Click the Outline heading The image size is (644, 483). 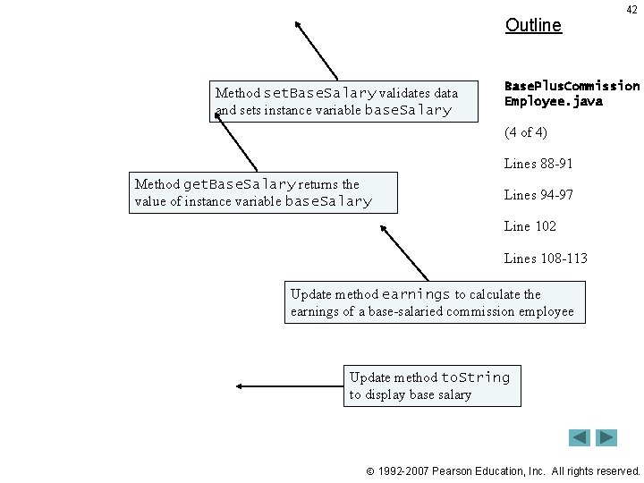click(533, 25)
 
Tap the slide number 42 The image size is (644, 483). click(631, 9)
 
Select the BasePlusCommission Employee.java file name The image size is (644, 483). click(572, 94)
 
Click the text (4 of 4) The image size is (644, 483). click(526, 132)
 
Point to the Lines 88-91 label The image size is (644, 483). click(538, 164)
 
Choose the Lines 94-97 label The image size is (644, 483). click(538, 195)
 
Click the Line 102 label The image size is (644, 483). click(530, 226)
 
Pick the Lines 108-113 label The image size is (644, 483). click(546, 258)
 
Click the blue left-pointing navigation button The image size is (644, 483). click(580, 437)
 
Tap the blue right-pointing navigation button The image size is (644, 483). click(607, 437)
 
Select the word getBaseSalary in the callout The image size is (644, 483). click(239, 184)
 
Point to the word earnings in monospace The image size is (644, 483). click(416, 294)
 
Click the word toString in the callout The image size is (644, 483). click(475, 377)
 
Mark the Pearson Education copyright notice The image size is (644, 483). click(504, 470)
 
